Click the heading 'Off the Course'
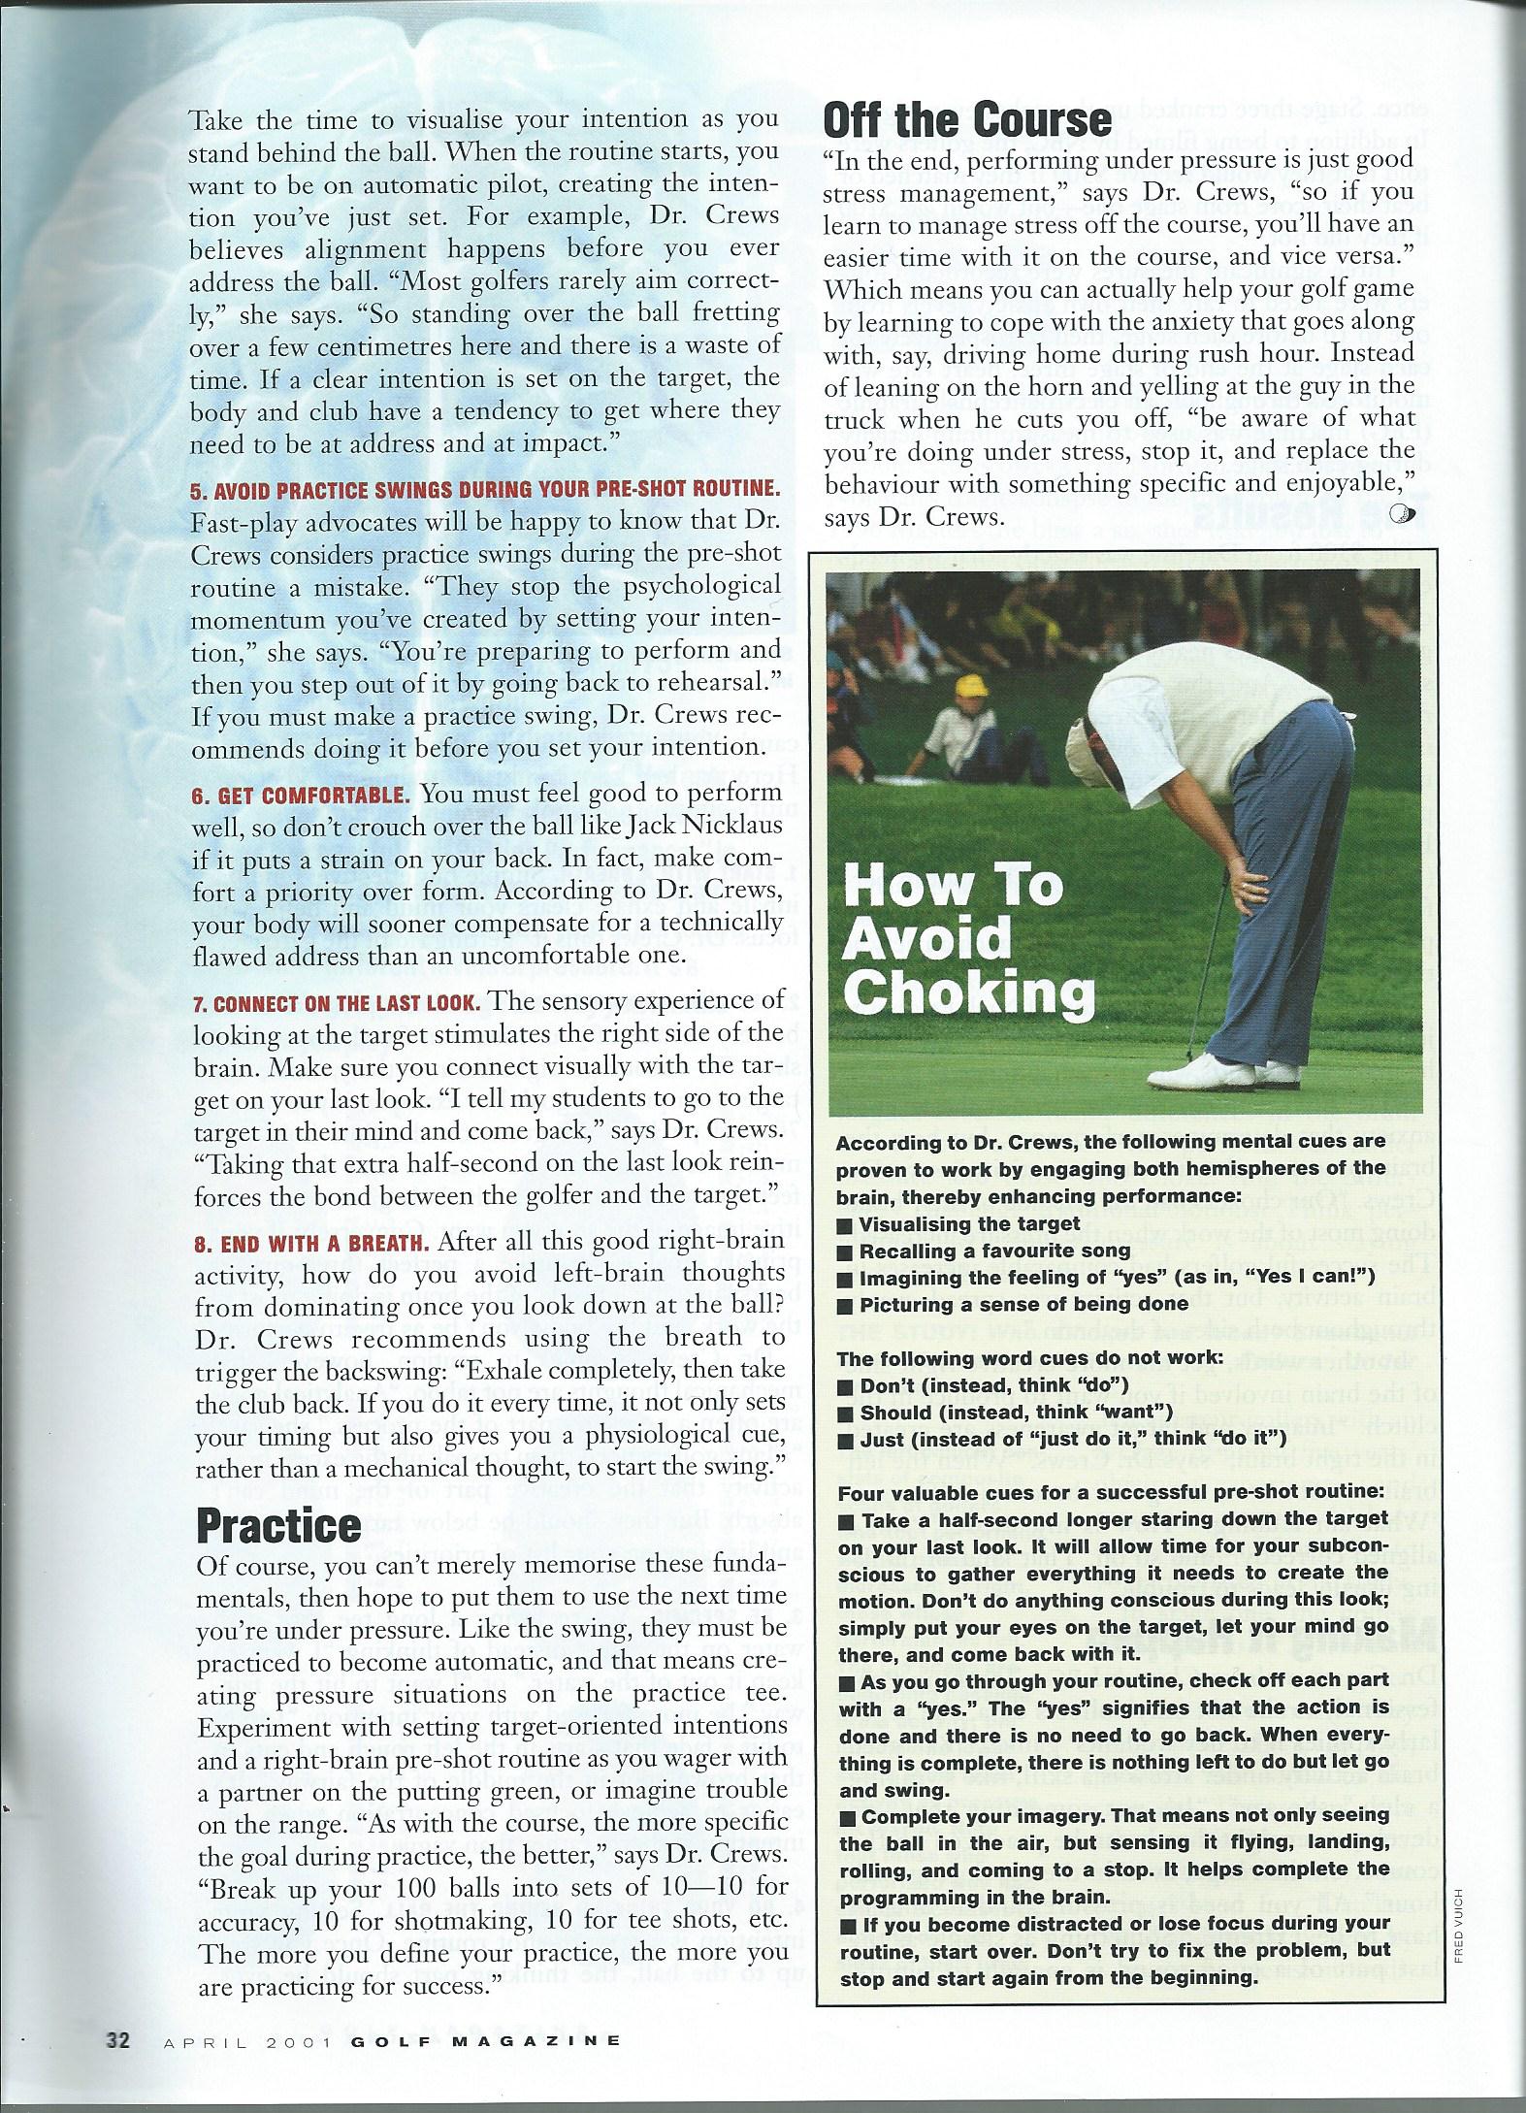pos(966,121)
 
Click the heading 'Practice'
pos(278,1525)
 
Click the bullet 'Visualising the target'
pos(968,1224)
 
